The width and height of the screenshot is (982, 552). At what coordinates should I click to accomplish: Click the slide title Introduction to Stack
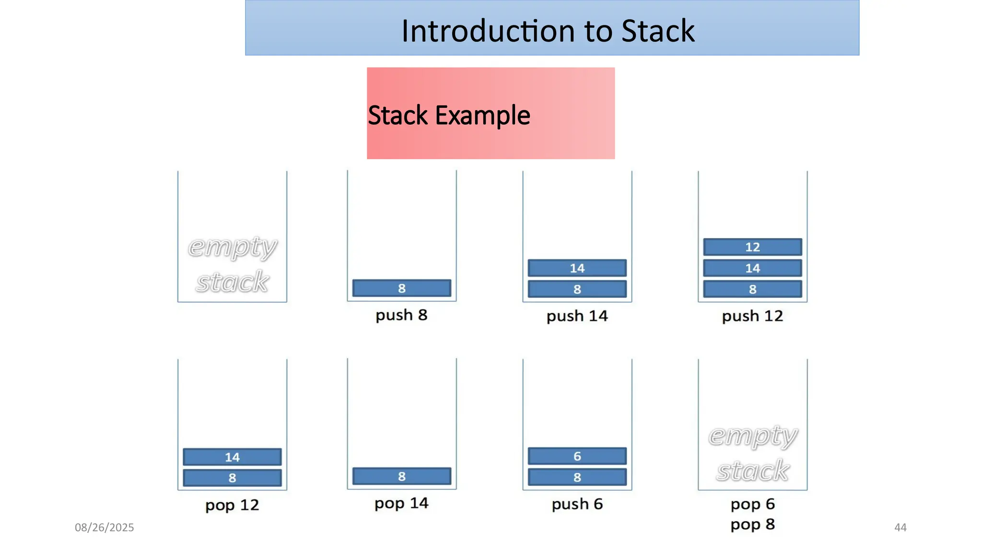coord(548,31)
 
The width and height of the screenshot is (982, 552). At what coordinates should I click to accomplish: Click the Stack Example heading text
coord(449,115)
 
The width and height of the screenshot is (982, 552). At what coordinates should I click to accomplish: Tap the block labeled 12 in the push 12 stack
coord(752,247)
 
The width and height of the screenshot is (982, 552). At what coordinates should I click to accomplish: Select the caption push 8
coord(401,315)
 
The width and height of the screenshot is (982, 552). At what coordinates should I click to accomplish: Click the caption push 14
coord(577,316)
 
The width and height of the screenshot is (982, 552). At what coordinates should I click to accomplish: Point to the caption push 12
coord(752,316)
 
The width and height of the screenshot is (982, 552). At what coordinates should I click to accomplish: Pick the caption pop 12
coord(232,505)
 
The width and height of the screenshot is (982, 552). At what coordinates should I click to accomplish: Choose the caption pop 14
coord(401,503)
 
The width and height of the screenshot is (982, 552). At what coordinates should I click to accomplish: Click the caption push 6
coord(577,504)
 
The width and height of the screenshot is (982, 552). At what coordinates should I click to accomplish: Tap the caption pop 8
coord(752,524)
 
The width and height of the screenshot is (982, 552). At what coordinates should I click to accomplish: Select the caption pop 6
coord(752,504)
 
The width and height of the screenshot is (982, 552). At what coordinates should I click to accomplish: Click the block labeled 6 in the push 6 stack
coord(577,456)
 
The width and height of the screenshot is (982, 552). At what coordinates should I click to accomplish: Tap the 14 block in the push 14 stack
coord(577,268)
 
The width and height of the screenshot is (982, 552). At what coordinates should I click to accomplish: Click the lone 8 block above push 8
coord(401,288)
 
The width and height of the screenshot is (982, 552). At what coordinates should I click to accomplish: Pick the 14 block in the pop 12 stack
coord(232,457)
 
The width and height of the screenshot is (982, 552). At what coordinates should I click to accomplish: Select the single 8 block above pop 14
coord(401,476)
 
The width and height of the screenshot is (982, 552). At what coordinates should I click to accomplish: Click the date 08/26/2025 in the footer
coord(104,528)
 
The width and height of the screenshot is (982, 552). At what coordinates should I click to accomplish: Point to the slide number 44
coord(900,528)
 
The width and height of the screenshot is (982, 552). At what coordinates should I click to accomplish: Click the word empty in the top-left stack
coord(232,247)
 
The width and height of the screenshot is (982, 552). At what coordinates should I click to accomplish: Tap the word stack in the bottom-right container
coord(752,471)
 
